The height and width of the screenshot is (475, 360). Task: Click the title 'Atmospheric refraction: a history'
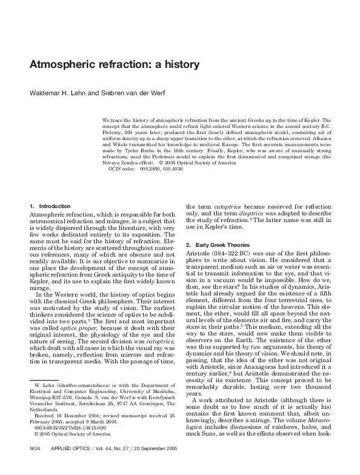tap(115, 64)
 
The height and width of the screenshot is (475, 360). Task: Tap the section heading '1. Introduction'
tap(50, 206)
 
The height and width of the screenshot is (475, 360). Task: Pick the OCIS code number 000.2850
tap(151, 169)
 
